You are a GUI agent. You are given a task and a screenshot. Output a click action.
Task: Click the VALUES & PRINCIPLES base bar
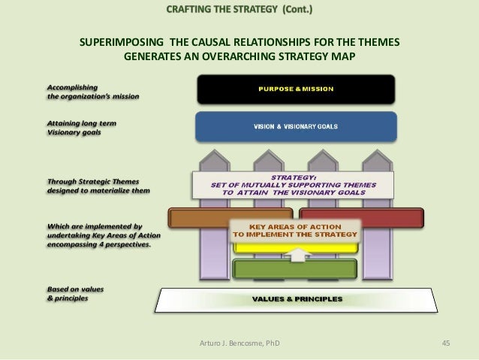coord(297,298)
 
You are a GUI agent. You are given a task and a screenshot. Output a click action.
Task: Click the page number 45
coord(446,343)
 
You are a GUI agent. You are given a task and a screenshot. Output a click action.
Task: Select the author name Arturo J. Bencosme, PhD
coord(239,343)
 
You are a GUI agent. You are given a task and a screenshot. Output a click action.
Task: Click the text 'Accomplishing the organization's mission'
coord(93,90)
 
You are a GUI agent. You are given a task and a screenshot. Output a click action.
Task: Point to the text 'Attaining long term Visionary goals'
coord(82,127)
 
